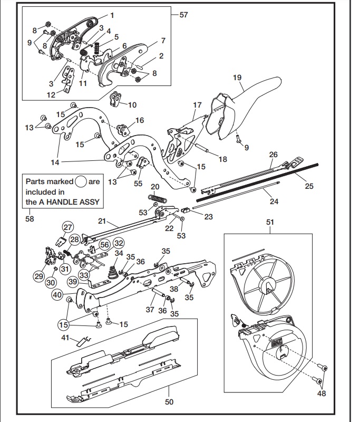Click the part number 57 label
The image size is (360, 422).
pyautogui.click(x=183, y=15)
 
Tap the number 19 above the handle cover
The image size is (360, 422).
pyautogui.click(x=237, y=78)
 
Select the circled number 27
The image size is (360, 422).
pyautogui.click(x=67, y=227)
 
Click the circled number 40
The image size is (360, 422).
pyautogui.click(x=56, y=295)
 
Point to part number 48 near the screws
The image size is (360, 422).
pyautogui.click(x=322, y=392)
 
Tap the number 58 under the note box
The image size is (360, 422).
pyautogui.click(x=30, y=219)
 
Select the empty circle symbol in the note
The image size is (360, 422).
pyautogui.click(x=81, y=181)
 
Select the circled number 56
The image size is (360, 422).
pyautogui.click(x=104, y=244)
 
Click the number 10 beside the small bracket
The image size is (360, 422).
pyautogui.click(x=132, y=105)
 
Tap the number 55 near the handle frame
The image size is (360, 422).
pyautogui.click(x=138, y=184)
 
